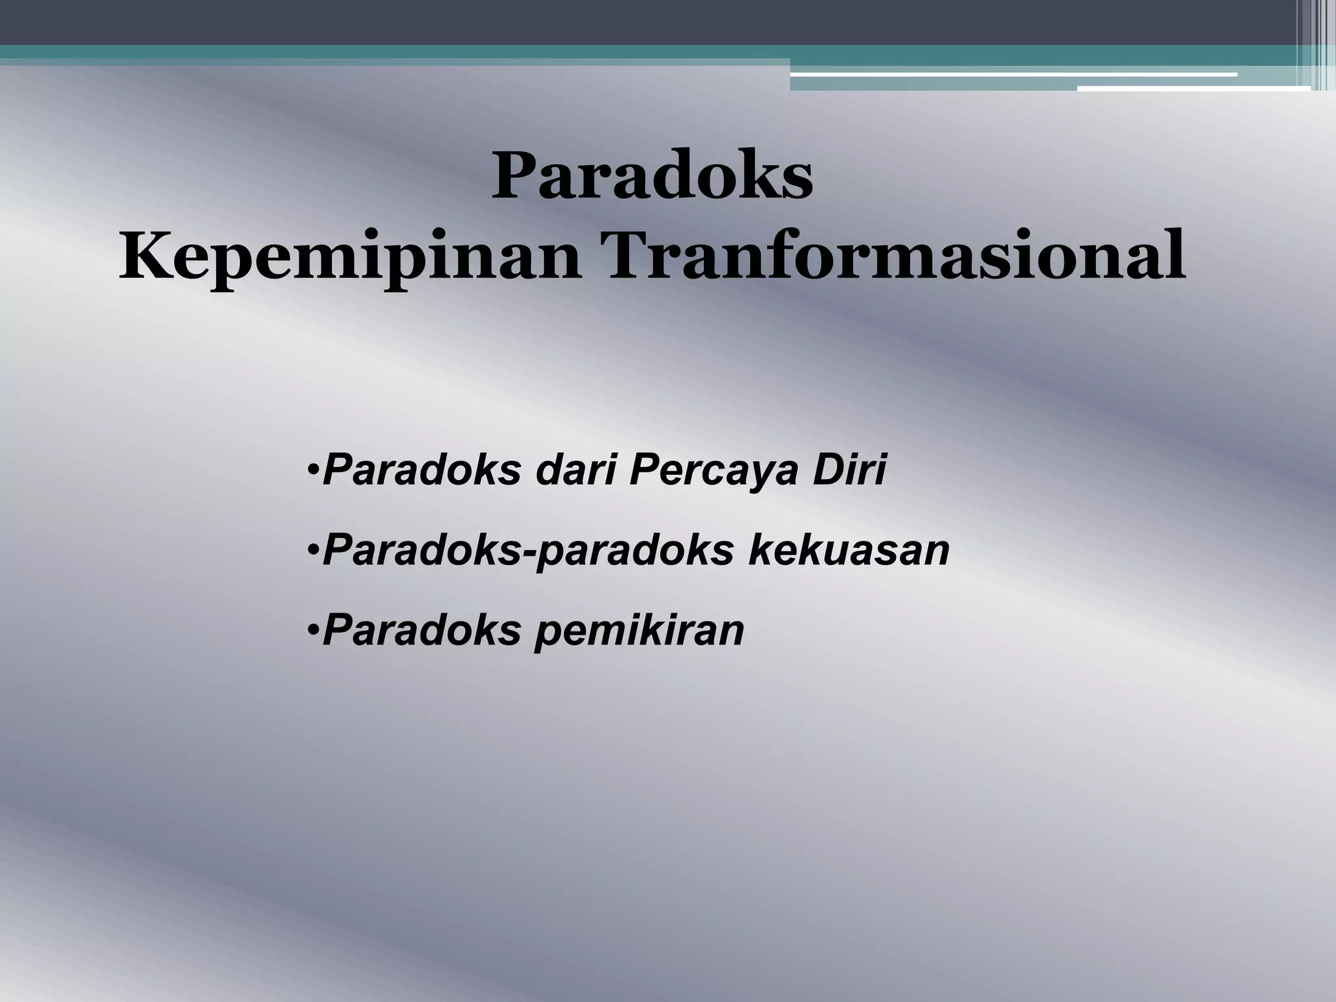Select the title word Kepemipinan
click(x=349, y=256)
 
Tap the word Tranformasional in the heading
click(x=896, y=255)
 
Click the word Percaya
click(x=714, y=471)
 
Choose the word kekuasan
click(x=849, y=550)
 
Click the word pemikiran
click(x=640, y=631)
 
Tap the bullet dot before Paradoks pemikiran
click(x=313, y=631)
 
